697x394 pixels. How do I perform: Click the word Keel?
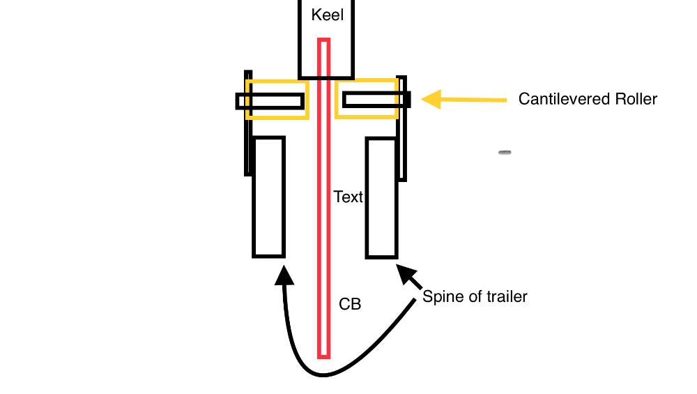coord(327,15)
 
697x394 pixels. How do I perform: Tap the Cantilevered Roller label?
coord(588,99)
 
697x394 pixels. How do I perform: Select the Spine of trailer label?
coord(475,297)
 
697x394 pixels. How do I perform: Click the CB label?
coord(350,305)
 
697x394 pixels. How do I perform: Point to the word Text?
coord(348,197)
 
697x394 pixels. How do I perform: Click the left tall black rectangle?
coord(268,197)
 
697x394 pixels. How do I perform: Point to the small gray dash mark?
coord(505,152)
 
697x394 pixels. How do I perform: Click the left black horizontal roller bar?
coord(271,101)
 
